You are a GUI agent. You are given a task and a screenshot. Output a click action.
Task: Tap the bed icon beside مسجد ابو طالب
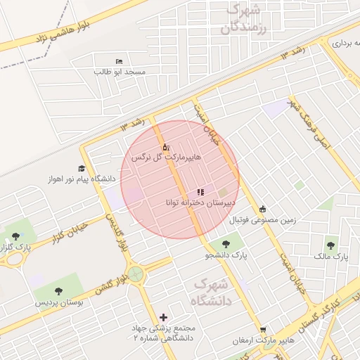point(117,62)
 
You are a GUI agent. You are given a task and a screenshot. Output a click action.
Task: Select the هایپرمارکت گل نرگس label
point(165,157)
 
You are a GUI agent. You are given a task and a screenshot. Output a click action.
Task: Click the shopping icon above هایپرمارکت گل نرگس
point(165,147)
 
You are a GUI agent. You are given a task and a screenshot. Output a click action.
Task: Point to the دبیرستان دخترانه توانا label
point(200,202)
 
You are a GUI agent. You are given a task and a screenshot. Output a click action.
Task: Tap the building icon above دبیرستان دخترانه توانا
point(200,192)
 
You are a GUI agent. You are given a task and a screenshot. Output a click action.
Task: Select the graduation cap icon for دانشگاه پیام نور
point(82,169)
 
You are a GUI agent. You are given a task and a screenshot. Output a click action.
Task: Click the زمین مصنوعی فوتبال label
point(263,219)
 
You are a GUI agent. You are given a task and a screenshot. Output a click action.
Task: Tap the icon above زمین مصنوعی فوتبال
point(263,209)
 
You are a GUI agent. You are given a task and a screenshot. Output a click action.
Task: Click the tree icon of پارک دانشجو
point(226,245)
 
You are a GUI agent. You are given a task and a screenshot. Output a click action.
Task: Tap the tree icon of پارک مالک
point(330,246)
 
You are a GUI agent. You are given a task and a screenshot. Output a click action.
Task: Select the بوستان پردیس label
point(59,302)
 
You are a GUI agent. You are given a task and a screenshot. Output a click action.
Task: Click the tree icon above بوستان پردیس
point(58,291)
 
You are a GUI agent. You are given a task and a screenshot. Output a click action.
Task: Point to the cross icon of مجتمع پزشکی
point(164,318)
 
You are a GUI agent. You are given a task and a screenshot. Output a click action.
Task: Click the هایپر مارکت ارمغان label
point(262,340)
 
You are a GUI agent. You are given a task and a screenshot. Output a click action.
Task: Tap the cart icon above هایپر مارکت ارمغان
point(263,330)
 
